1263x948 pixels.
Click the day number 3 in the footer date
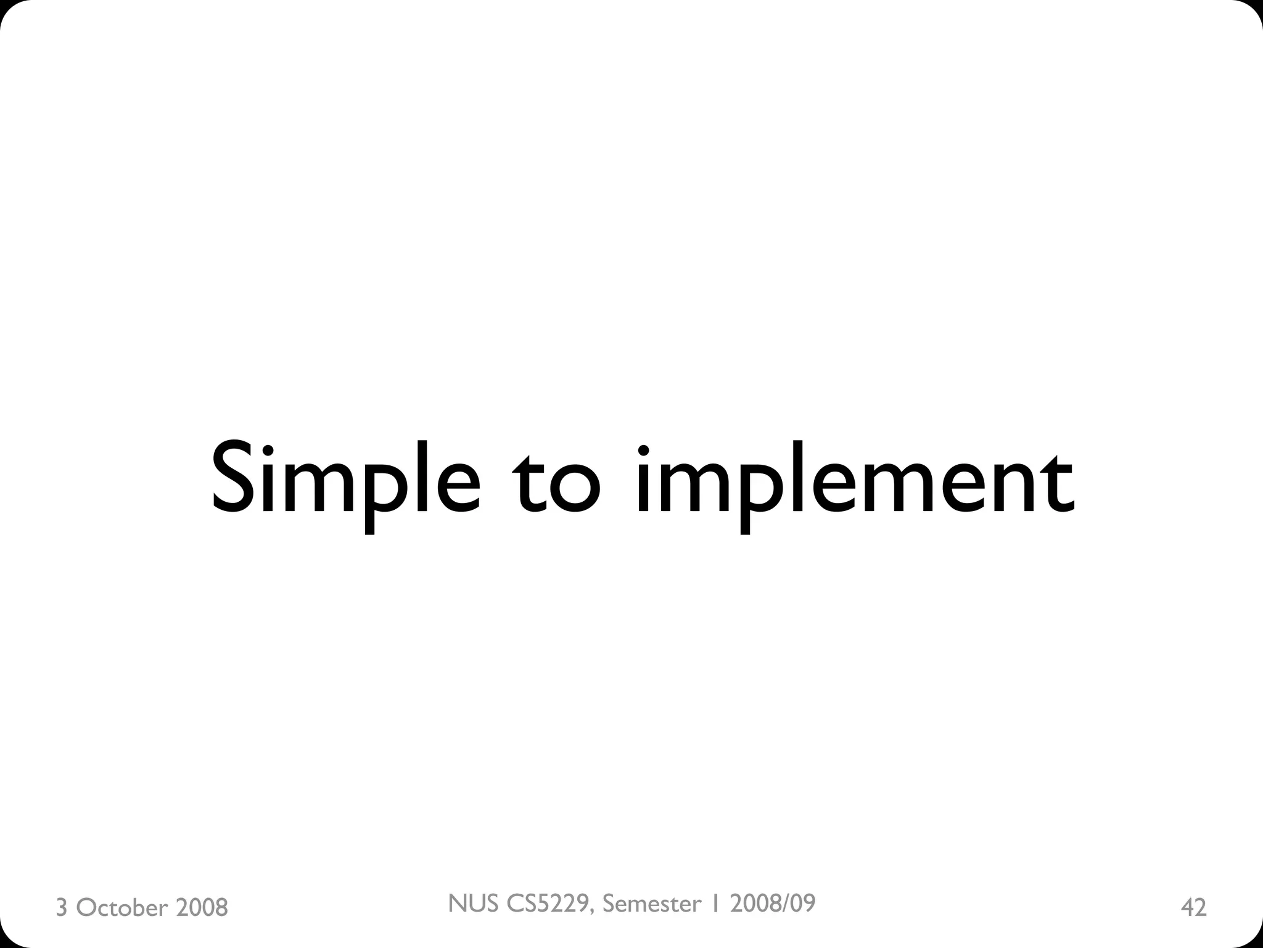[61, 908]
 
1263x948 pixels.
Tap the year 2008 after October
[202, 908]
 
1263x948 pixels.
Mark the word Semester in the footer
[652, 904]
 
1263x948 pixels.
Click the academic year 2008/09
[773, 904]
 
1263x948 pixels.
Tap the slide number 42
[1193, 908]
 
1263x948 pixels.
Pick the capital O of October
[86, 908]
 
